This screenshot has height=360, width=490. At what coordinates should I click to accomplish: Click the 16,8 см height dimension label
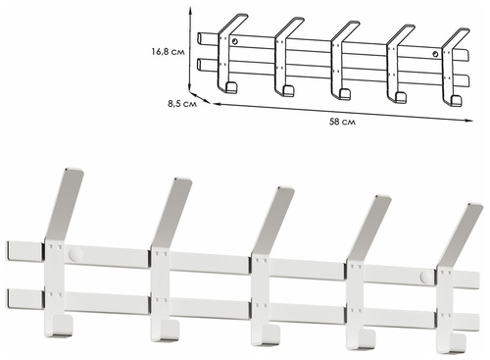[x=168, y=52]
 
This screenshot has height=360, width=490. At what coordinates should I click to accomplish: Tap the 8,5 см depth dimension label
[x=182, y=104]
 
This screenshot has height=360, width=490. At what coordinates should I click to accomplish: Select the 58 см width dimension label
[x=342, y=122]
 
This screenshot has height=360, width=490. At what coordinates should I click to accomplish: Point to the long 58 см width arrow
[x=343, y=112]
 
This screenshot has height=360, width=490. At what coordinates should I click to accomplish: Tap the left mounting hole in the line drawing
[x=235, y=41]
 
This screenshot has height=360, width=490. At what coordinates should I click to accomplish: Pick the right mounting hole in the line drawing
[x=435, y=54]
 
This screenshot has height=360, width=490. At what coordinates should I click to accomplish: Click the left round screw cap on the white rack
[x=75, y=254]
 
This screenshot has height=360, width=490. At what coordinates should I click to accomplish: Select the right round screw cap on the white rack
[x=427, y=277]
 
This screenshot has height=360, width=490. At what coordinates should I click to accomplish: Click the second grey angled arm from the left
[x=171, y=214]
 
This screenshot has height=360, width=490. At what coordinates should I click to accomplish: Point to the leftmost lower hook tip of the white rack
[x=63, y=326]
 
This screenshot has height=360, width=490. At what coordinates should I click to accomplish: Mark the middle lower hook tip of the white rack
[x=269, y=335]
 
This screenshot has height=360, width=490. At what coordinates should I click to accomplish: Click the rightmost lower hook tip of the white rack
[x=459, y=343]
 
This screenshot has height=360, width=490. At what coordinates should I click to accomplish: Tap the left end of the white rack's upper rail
[x=8, y=251]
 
